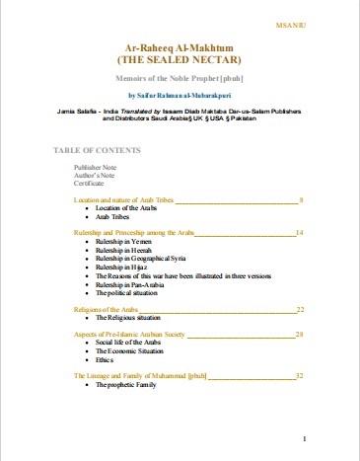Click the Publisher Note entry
click(x=95, y=169)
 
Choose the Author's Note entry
click(x=93, y=177)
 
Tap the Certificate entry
click(x=90, y=185)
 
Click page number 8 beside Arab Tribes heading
click(x=301, y=200)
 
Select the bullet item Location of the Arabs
click(x=126, y=208)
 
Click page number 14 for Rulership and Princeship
click(x=299, y=232)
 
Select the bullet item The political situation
click(x=126, y=293)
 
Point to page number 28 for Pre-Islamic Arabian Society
click(x=299, y=336)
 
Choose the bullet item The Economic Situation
click(x=130, y=352)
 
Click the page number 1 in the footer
click(x=307, y=437)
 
